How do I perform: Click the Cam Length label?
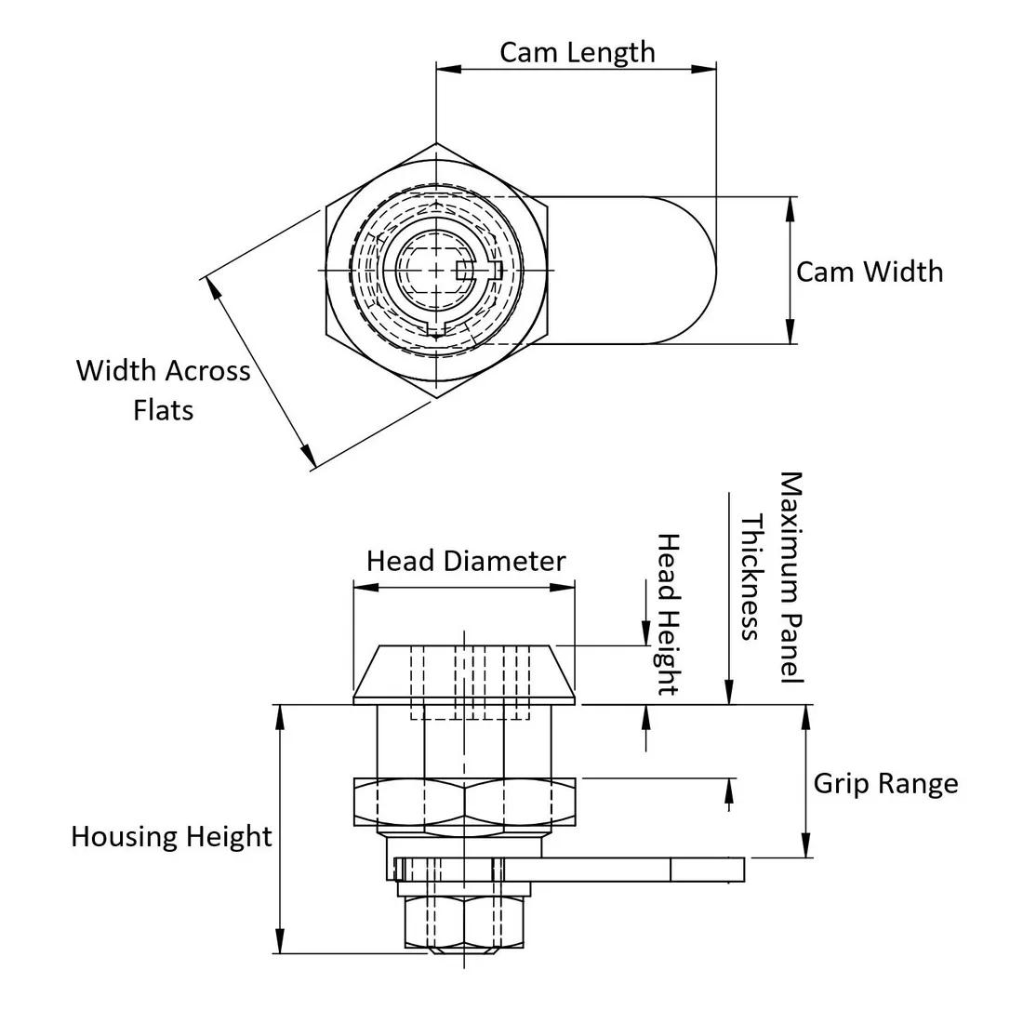577,52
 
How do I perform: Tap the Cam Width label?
870,272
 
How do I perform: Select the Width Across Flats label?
164,390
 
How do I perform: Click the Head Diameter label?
465,562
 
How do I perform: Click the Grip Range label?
885,783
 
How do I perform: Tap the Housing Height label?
171,836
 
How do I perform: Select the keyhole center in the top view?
437,271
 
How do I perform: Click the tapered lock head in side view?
464,672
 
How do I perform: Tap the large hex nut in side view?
464,802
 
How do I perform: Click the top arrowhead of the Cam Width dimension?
790,204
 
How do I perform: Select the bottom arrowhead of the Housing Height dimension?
279,946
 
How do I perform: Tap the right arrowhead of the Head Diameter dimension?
568,587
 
